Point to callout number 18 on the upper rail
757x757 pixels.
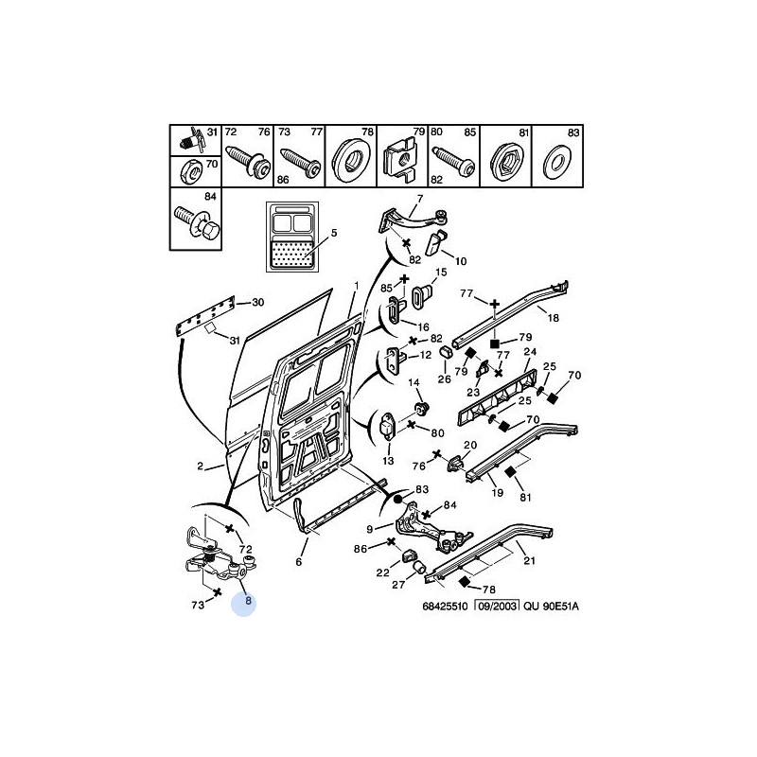tap(554, 319)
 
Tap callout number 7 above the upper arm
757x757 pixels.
tap(419, 199)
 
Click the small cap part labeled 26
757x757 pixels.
tap(445, 354)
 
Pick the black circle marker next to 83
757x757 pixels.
tap(398, 498)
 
